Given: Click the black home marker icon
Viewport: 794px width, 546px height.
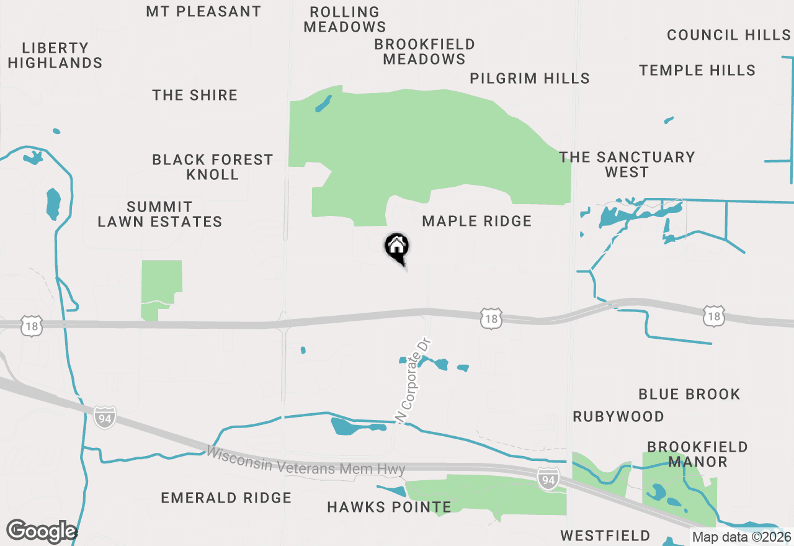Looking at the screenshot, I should pos(397,247).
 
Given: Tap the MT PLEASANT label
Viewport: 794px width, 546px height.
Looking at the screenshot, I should pos(203,12).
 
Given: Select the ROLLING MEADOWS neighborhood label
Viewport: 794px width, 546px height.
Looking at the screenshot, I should pos(344,19).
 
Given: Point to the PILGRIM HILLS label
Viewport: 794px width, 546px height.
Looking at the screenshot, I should pos(529,78).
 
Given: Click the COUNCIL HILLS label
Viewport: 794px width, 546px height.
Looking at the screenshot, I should pos(729,35).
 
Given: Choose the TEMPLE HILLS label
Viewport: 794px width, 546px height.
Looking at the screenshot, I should pos(697,70).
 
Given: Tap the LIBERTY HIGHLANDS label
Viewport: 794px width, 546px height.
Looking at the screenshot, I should pos(55,55).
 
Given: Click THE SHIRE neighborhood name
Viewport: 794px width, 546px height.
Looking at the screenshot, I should pos(195,95).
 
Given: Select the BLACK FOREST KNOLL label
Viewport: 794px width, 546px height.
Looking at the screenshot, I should pos(213,167).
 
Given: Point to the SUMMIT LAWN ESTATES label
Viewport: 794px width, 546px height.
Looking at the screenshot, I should pos(160,214).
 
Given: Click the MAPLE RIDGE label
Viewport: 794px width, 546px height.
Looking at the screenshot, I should pos(476,221).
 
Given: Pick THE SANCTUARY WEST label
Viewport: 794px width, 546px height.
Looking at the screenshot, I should pos(627,164).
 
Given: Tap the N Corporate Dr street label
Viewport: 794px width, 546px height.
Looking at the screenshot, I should pos(413,381).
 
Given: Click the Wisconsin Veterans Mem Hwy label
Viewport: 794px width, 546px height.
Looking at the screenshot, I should pos(306,461).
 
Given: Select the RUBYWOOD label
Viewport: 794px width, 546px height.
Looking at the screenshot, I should pos(618,416).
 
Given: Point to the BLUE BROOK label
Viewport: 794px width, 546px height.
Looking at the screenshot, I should pos(689,394).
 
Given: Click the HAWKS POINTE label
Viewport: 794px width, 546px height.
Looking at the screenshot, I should pos(389,507).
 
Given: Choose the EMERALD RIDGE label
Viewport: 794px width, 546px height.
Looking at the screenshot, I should pos(226,498).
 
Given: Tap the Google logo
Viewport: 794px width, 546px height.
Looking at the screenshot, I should pos(41,532).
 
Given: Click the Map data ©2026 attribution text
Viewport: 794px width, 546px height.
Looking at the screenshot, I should pos(741,537).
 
